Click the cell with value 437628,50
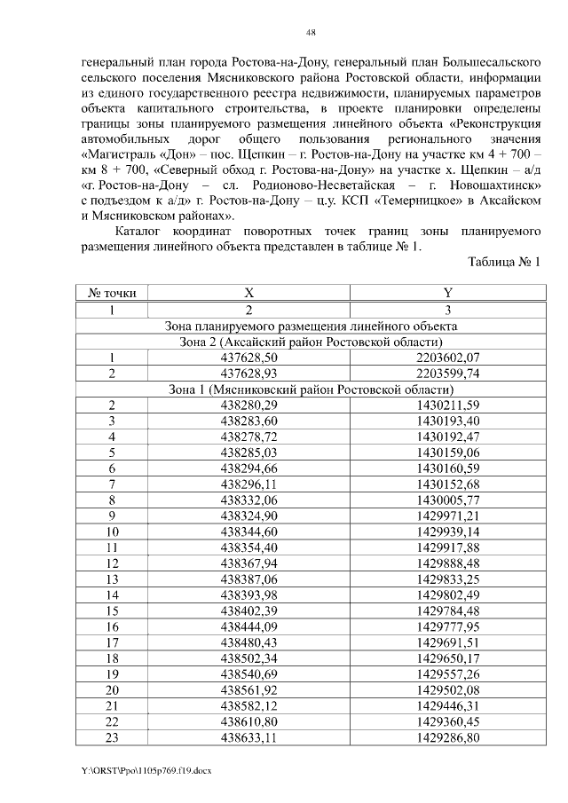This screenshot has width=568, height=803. point(249,358)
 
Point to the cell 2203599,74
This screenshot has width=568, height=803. point(447,373)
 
